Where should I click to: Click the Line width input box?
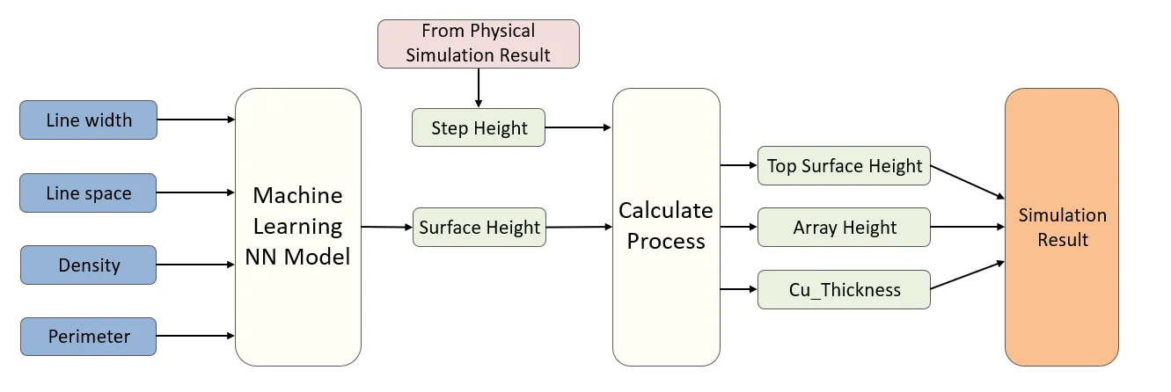pos(88,120)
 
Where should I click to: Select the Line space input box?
pos(88,193)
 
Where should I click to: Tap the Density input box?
pos(88,265)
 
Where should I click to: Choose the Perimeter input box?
pos(88,336)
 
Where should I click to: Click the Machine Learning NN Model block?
pos(297,226)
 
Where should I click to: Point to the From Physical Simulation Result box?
pos(478,43)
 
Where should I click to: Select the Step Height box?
pos(479,128)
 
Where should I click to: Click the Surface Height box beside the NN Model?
pos(479,228)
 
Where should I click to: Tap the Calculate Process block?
pos(665,226)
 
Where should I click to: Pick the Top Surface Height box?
pos(844,166)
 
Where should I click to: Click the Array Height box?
pos(844,228)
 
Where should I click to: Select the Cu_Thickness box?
pos(844,290)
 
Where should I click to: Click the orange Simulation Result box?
pos(1062,227)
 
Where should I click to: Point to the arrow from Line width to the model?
pos(195,120)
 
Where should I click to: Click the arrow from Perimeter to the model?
pos(195,336)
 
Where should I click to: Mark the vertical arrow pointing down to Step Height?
pos(479,87)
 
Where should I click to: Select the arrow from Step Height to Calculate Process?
pos(578,128)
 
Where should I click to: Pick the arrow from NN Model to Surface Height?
pos(386,227)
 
